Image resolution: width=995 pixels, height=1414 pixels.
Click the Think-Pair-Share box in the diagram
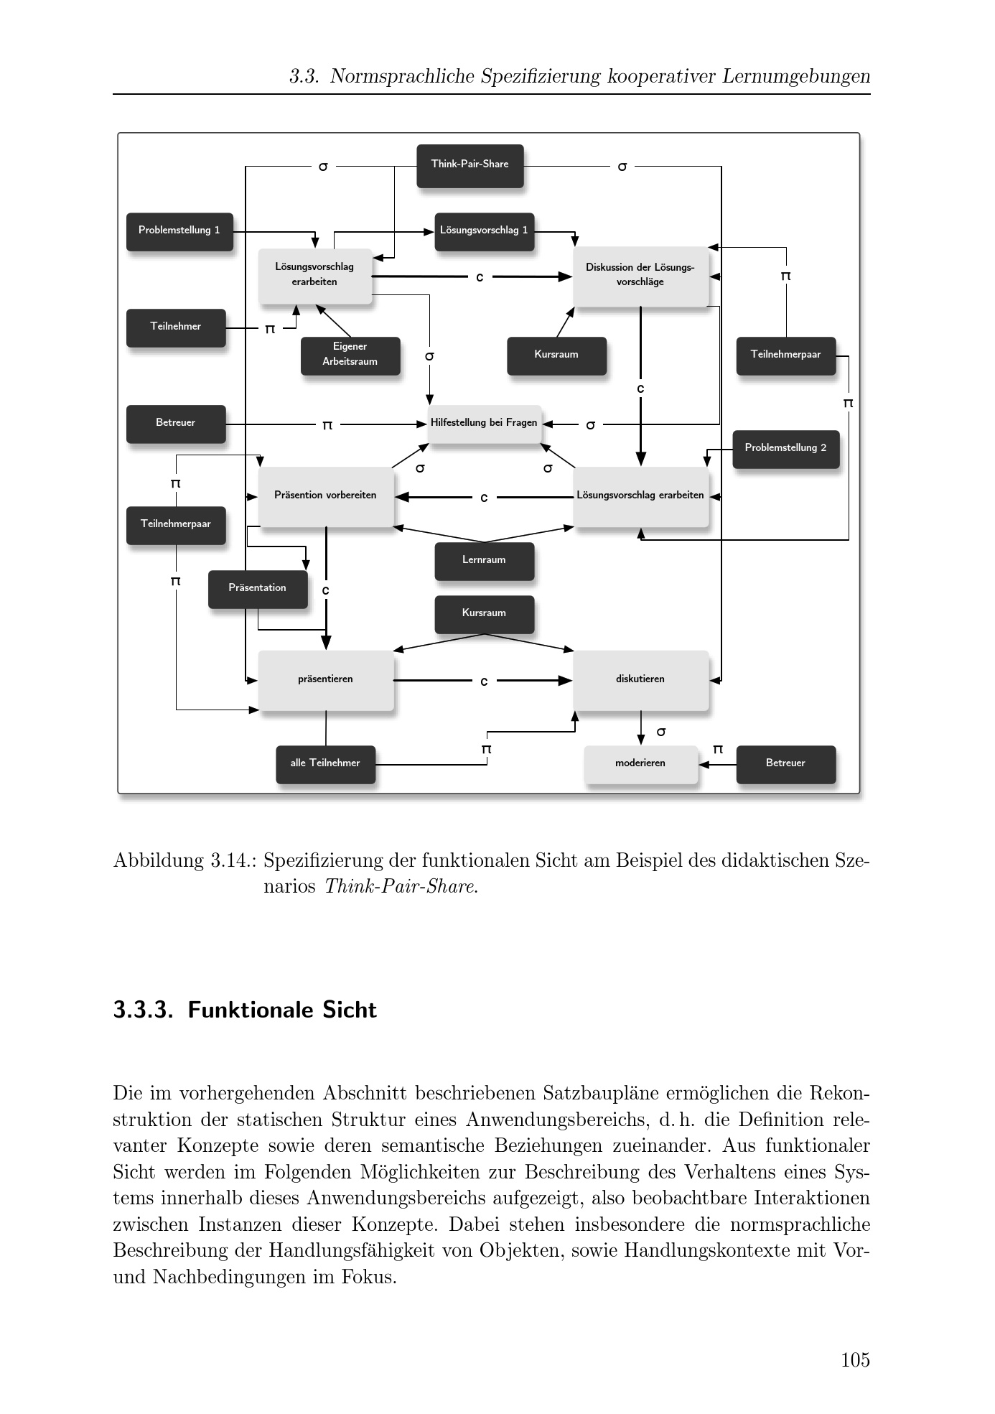point(470,165)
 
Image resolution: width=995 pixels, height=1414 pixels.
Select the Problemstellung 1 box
point(179,231)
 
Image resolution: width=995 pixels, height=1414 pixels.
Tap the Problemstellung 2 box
point(785,449)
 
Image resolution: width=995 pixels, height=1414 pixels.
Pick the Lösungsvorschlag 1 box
point(484,231)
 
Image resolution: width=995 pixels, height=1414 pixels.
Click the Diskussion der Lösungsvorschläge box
point(640,276)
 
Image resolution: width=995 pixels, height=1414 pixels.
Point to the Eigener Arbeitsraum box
point(350,355)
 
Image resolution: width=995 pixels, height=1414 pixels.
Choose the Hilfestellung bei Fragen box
point(484,424)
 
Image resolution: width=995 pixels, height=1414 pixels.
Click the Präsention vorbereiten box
point(325,496)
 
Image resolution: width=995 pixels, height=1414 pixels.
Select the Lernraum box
point(484,561)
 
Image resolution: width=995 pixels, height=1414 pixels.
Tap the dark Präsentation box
point(258,589)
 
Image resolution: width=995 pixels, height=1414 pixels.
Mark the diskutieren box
point(640,680)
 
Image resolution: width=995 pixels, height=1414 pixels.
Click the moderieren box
point(640,764)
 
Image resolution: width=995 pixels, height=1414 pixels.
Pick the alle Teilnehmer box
point(325,764)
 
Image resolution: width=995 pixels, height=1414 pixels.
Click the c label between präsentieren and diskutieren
point(484,681)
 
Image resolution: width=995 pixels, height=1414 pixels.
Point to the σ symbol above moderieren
point(661,732)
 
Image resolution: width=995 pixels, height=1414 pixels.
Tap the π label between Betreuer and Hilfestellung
point(327,425)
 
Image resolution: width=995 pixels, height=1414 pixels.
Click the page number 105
point(855,1359)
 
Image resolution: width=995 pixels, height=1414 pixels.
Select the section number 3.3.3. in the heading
point(144,1010)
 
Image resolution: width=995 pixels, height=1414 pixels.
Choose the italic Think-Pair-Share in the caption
point(400,886)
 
